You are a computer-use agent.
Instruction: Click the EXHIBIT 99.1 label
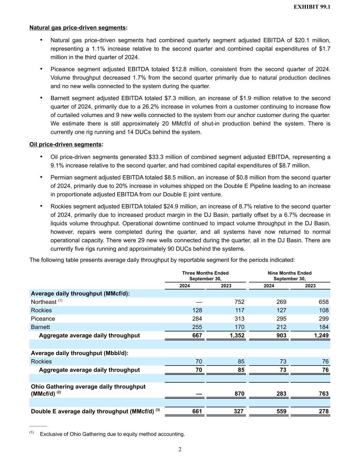click(x=312, y=7)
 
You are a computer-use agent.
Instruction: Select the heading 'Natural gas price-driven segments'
click(x=77, y=28)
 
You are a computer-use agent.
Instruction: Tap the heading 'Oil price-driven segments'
click(x=66, y=144)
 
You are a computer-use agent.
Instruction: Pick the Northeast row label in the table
click(x=44, y=302)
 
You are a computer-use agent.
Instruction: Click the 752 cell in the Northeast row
click(x=239, y=302)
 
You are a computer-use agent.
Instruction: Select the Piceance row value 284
click(x=197, y=319)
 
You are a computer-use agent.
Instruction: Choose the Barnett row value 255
click(x=197, y=327)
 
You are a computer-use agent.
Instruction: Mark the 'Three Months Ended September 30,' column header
click(x=205, y=276)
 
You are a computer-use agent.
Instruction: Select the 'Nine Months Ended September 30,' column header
click(x=290, y=276)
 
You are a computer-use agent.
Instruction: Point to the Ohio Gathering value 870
click(x=239, y=394)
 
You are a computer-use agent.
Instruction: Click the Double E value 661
click(x=197, y=411)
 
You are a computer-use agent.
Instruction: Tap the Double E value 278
click(x=323, y=411)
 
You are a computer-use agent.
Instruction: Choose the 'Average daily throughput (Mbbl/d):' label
click(x=80, y=353)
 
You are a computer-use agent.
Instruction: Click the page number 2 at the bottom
click(x=180, y=450)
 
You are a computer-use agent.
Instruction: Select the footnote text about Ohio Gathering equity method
click(x=112, y=434)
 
